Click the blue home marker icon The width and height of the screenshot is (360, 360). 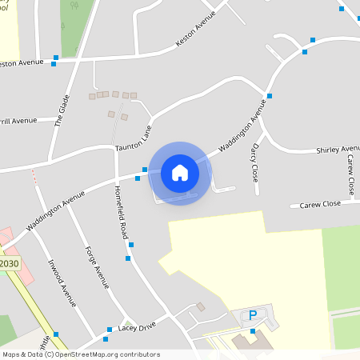click(x=180, y=173)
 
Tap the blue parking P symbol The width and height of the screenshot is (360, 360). click(x=253, y=315)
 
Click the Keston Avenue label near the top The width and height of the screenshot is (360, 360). click(x=196, y=36)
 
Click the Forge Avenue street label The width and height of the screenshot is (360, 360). click(x=97, y=266)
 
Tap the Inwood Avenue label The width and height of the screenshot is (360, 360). click(x=61, y=282)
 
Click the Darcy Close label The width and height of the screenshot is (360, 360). click(x=255, y=163)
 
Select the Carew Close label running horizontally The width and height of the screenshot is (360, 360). click(x=320, y=204)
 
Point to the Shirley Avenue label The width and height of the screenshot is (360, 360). click(x=338, y=150)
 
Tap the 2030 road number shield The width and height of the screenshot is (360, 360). click(x=9, y=264)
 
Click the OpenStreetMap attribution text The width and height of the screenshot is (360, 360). click(x=80, y=354)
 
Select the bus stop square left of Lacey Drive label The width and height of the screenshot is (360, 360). click(x=110, y=330)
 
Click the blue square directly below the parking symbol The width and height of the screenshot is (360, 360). click(x=253, y=331)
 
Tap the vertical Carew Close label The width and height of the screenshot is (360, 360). click(x=350, y=175)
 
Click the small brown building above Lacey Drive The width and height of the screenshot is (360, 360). click(x=201, y=306)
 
